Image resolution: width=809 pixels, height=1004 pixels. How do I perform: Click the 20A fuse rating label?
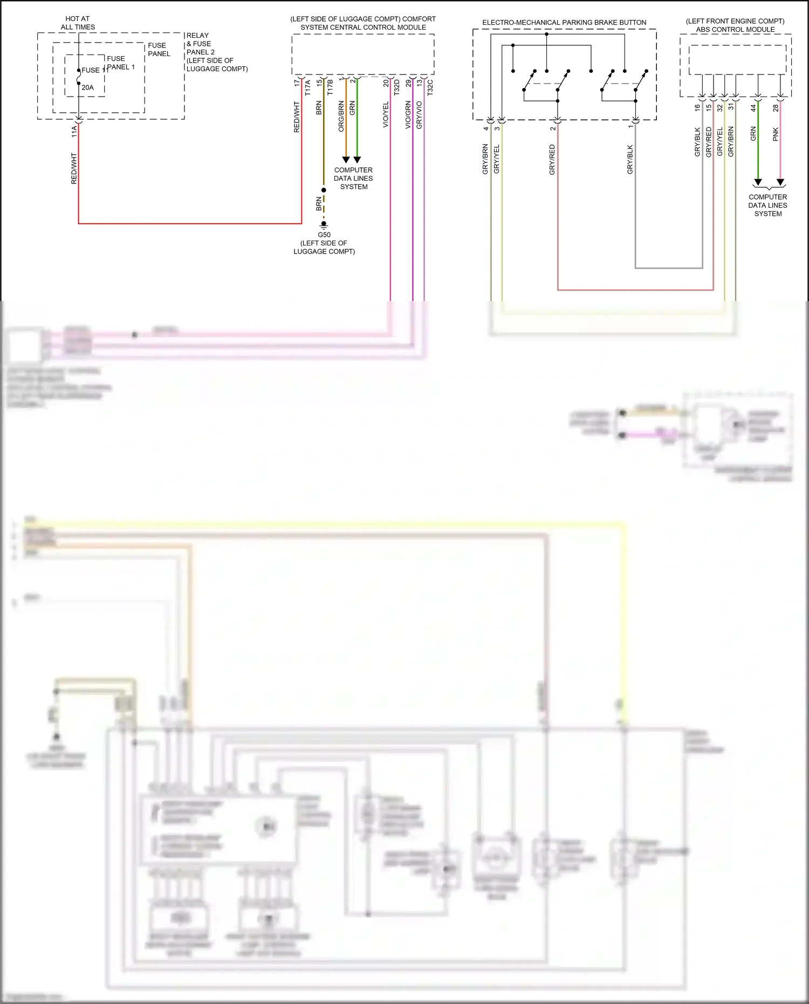[x=87, y=87]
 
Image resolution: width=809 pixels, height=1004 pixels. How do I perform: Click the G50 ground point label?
[x=324, y=235]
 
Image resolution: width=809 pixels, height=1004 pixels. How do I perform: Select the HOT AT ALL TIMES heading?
[x=78, y=23]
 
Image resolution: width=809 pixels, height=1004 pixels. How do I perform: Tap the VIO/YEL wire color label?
[x=386, y=115]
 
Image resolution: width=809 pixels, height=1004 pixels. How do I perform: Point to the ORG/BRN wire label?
[x=341, y=116]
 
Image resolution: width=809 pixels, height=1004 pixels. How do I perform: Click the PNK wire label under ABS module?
[x=776, y=134]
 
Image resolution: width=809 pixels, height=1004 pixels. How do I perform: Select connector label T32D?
[x=397, y=87]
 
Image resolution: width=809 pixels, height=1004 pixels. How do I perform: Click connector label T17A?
[x=307, y=88]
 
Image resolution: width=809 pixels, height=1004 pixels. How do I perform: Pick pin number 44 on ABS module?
[x=753, y=108]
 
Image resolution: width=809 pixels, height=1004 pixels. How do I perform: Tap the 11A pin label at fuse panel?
[x=74, y=132]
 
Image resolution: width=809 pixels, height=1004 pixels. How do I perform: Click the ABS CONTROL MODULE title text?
[x=735, y=29]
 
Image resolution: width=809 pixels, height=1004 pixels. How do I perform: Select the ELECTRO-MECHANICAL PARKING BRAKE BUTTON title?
[x=564, y=23]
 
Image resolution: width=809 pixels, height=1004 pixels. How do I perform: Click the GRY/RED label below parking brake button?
[x=552, y=160]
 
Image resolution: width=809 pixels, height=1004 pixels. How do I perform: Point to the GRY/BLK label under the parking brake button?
[x=630, y=160]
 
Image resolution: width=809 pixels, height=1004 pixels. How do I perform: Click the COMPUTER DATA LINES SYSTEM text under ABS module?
[x=767, y=205]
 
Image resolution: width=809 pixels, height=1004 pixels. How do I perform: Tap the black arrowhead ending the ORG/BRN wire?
[x=346, y=160]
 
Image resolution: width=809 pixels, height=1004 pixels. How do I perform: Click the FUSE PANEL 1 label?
[x=120, y=63]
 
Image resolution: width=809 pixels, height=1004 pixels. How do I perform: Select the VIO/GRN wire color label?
[x=408, y=115]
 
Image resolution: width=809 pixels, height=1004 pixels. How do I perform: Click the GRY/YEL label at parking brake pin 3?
[x=497, y=159]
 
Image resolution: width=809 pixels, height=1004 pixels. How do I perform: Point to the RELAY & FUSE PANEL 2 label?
[x=210, y=52]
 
